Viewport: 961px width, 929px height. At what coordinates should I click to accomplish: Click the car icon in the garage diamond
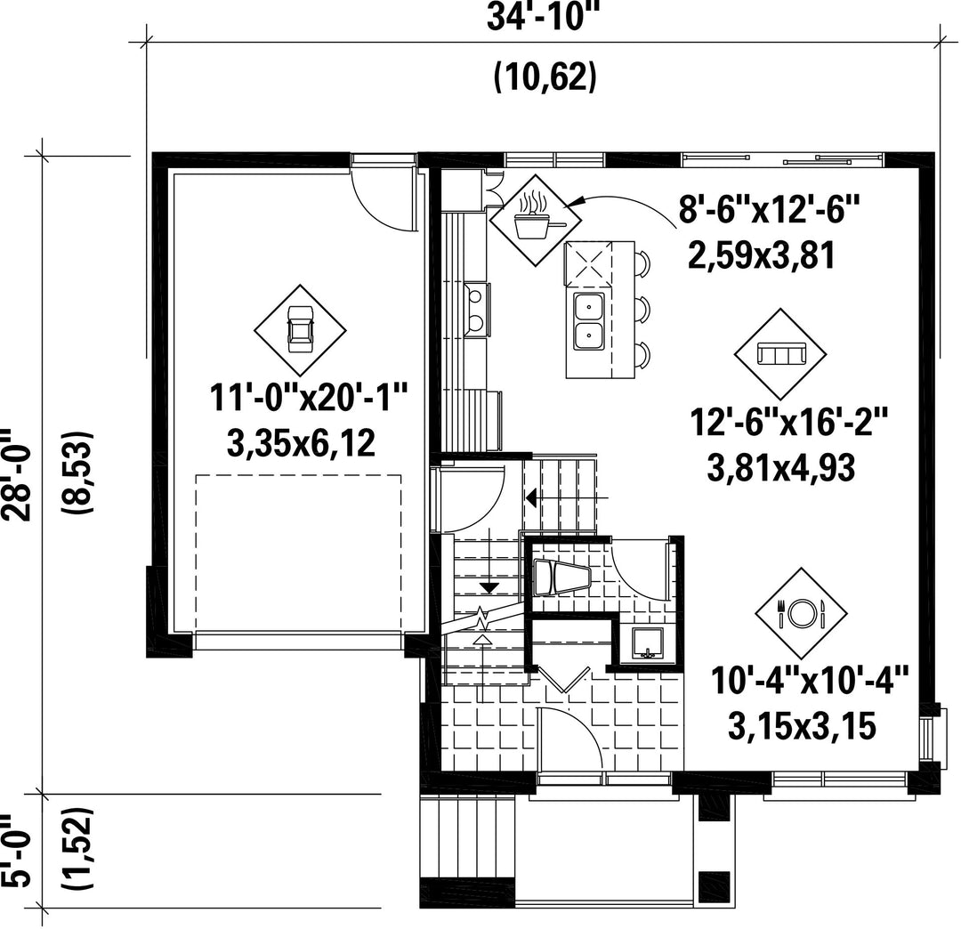click(301, 329)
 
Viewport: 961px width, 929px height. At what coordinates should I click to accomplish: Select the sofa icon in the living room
click(781, 353)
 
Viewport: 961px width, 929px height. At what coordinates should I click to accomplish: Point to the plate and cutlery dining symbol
click(801, 613)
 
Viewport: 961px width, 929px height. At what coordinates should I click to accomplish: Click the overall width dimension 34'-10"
click(542, 17)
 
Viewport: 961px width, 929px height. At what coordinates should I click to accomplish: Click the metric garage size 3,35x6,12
click(301, 443)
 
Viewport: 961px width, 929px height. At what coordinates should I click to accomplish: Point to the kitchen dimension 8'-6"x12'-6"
click(769, 209)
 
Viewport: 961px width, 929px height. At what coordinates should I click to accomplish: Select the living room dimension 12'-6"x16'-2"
click(788, 422)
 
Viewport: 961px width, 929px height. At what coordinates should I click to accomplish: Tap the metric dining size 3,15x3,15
click(802, 726)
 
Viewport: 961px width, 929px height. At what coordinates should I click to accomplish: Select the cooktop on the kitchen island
click(589, 264)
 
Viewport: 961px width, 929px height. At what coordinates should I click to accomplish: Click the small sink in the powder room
click(647, 642)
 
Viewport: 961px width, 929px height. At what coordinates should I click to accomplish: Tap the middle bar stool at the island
click(642, 310)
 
